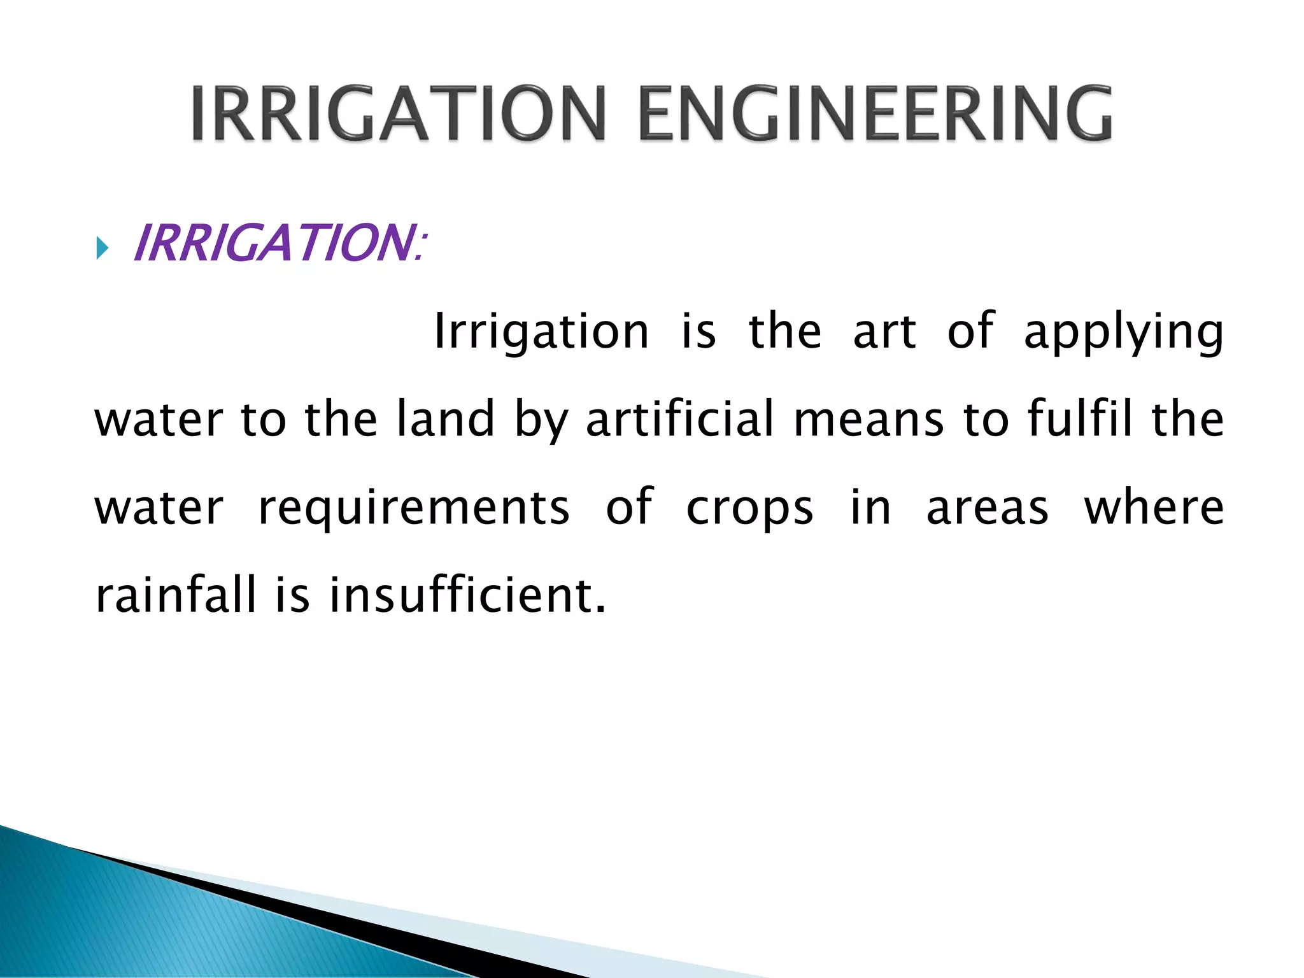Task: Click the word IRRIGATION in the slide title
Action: pyautogui.click(x=398, y=113)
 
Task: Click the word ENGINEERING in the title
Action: pyautogui.click(x=875, y=113)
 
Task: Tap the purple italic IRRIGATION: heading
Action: pyautogui.click(x=278, y=243)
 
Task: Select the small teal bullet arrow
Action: pyautogui.click(x=102, y=248)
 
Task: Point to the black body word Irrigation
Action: pyautogui.click(x=541, y=332)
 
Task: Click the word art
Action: pyautogui.click(x=884, y=332)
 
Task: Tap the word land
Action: pyautogui.click(x=445, y=419)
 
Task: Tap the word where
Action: pyautogui.click(x=1154, y=507)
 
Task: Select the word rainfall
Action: pyautogui.click(x=175, y=594)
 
